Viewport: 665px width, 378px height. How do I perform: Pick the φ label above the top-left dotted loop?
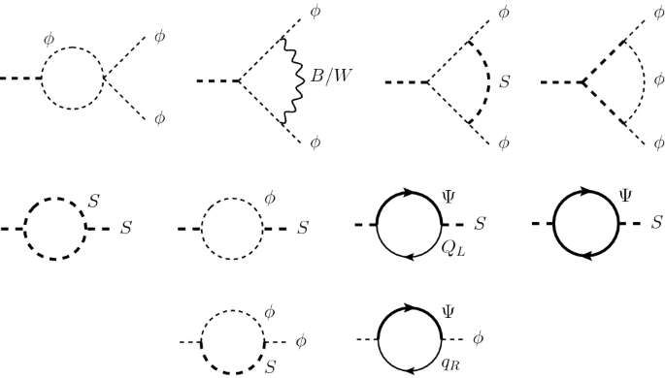pos(50,40)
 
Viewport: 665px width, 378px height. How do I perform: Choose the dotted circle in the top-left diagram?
pos(74,78)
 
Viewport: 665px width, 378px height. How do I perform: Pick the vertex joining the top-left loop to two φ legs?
pos(106,78)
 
